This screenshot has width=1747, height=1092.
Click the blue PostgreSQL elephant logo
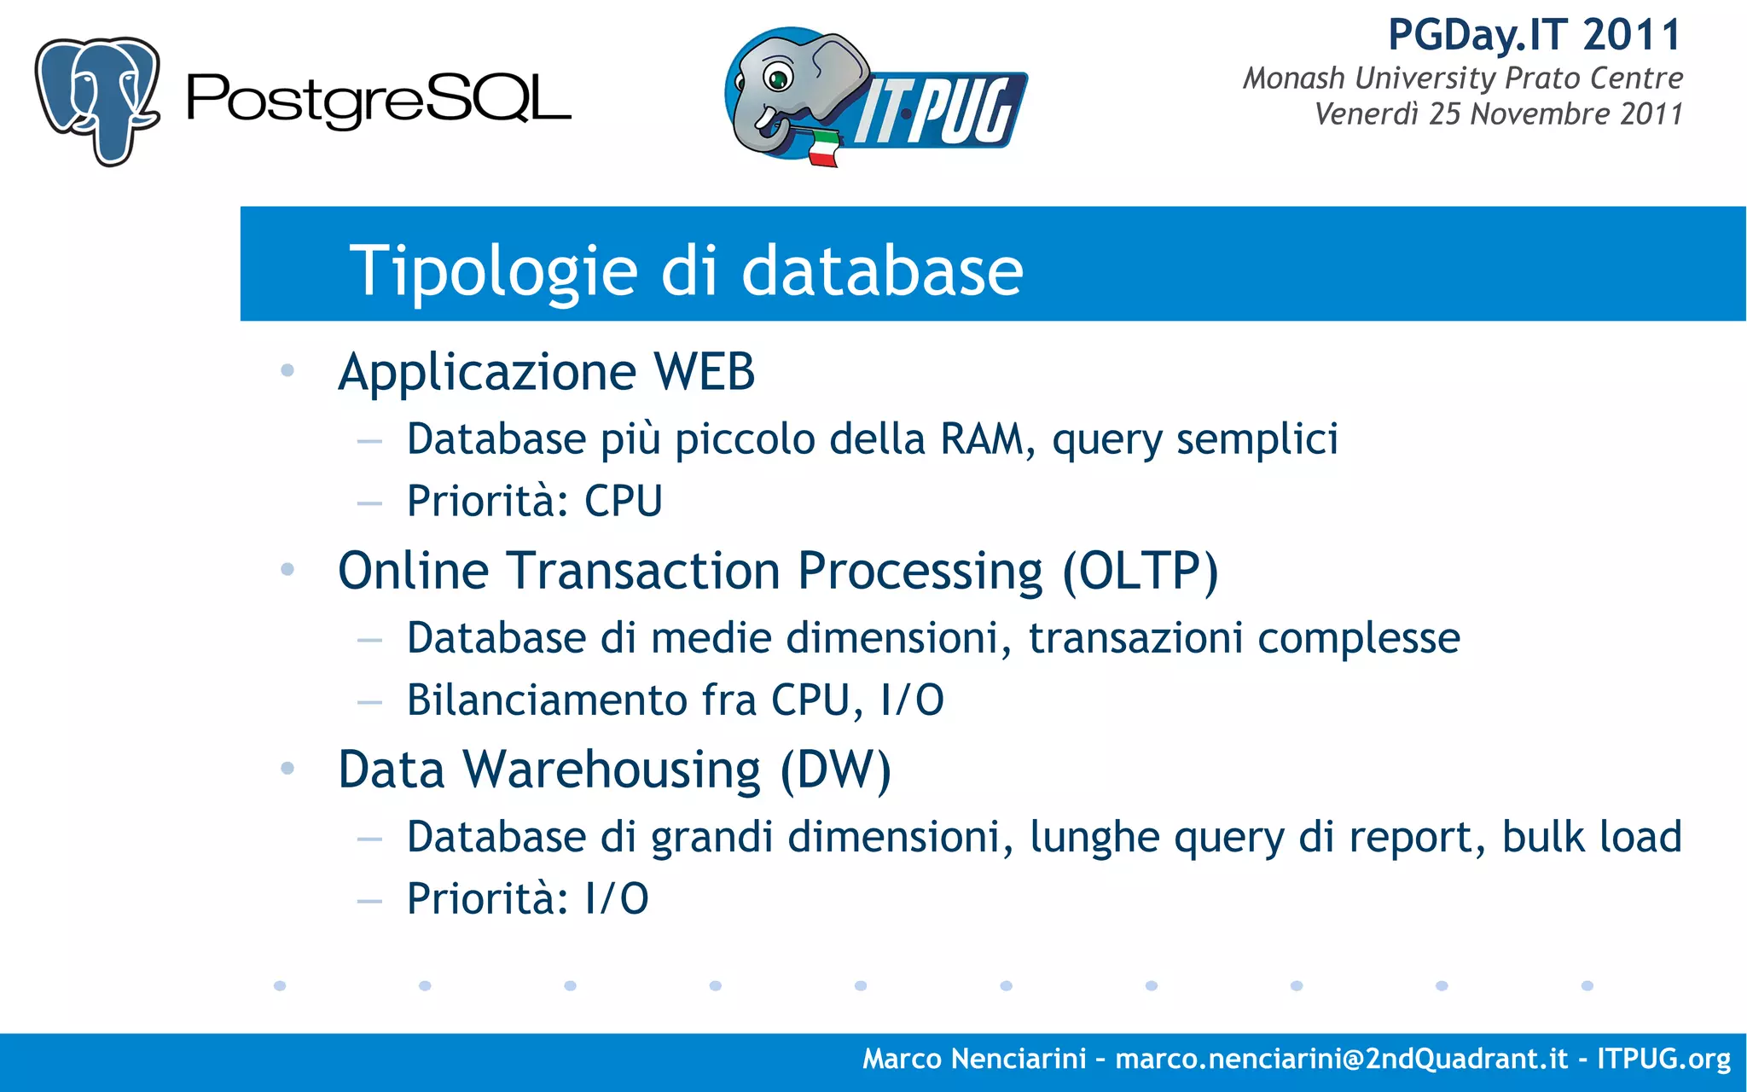pos(96,100)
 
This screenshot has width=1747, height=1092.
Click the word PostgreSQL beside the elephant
pos(378,100)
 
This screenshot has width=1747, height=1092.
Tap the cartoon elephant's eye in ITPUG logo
pos(777,79)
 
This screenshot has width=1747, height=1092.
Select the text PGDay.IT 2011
pos(1534,36)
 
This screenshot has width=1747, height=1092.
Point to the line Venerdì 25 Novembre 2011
pos(1498,114)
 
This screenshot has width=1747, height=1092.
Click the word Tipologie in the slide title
pos(493,270)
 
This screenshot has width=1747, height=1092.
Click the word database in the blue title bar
pos(882,270)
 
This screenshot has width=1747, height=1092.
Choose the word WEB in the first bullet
pos(704,372)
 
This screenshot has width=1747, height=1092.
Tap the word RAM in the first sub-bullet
pos(981,439)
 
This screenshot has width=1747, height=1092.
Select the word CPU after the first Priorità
pos(623,501)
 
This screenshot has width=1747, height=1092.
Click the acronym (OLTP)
pos(1140,571)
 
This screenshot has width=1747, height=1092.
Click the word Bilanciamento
pos(547,700)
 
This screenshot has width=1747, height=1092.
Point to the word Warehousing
pos(612,770)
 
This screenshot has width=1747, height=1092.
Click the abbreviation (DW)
pos(835,770)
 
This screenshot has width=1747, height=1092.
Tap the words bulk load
pos(1591,837)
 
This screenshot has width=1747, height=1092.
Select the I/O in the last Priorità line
pos(617,899)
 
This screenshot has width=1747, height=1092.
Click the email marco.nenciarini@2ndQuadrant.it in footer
pos(1341,1059)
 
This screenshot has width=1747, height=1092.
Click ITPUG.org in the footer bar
pos(1663,1059)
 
